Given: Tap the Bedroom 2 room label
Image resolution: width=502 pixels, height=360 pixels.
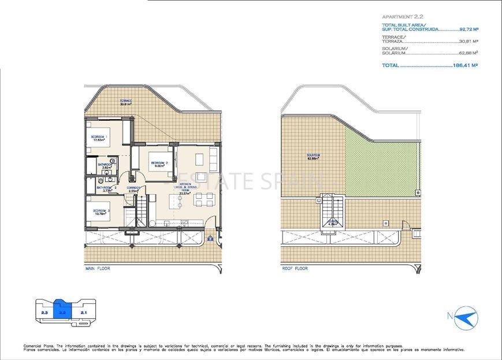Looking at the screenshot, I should click(x=159, y=164).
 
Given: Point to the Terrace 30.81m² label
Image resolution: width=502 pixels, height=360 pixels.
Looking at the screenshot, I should click(x=126, y=102).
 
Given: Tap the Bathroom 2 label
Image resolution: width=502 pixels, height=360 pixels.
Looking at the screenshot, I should click(x=107, y=188).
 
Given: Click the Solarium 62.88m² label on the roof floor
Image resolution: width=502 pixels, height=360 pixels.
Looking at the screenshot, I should click(x=314, y=157).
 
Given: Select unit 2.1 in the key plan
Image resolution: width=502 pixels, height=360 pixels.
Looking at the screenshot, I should click(x=84, y=313).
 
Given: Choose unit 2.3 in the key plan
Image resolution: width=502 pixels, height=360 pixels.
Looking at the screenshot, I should click(x=44, y=313).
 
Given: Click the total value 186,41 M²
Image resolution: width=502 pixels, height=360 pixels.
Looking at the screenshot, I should click(x=465, y=66).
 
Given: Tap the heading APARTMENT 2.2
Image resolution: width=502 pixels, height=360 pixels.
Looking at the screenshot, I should click(x=403, y=18).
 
